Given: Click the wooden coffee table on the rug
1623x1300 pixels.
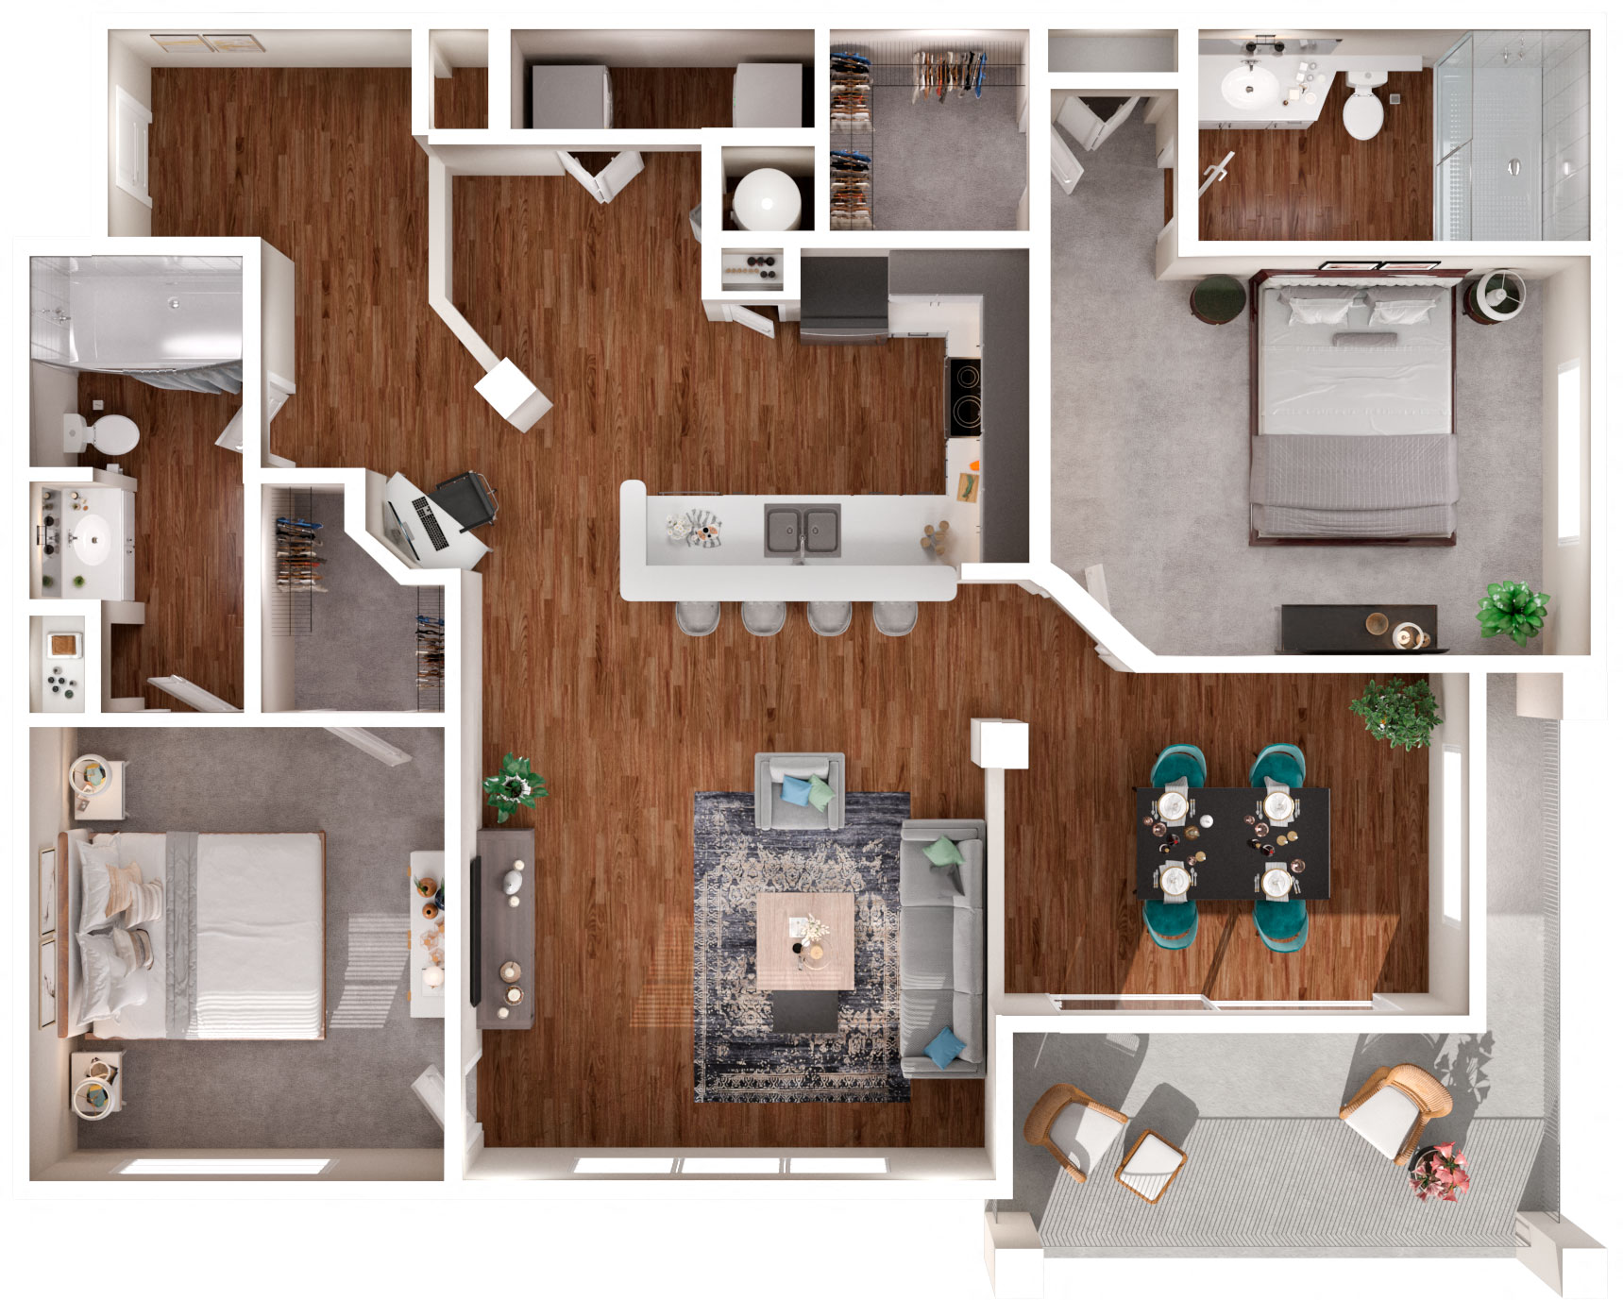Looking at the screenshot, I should [x=804, y=940].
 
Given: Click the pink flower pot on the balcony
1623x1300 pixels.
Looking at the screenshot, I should [x=1438, y=1171].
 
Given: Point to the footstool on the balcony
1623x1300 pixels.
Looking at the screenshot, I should [x=1151, y=1165].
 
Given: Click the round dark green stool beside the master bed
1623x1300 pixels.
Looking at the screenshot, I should [x=1218, y=299].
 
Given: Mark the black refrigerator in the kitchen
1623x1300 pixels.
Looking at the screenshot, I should [x=843, y=295].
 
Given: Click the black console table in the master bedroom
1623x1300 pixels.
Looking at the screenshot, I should [x=1358, y=629].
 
